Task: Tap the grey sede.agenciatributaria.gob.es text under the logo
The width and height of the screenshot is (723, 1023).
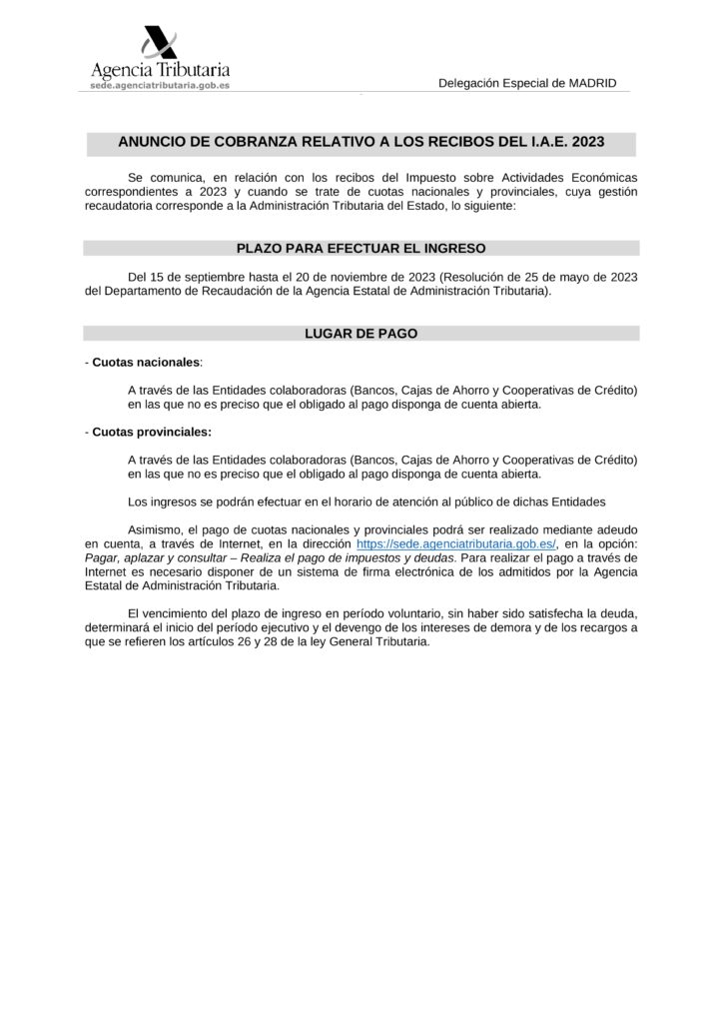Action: (x=161, y=87)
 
